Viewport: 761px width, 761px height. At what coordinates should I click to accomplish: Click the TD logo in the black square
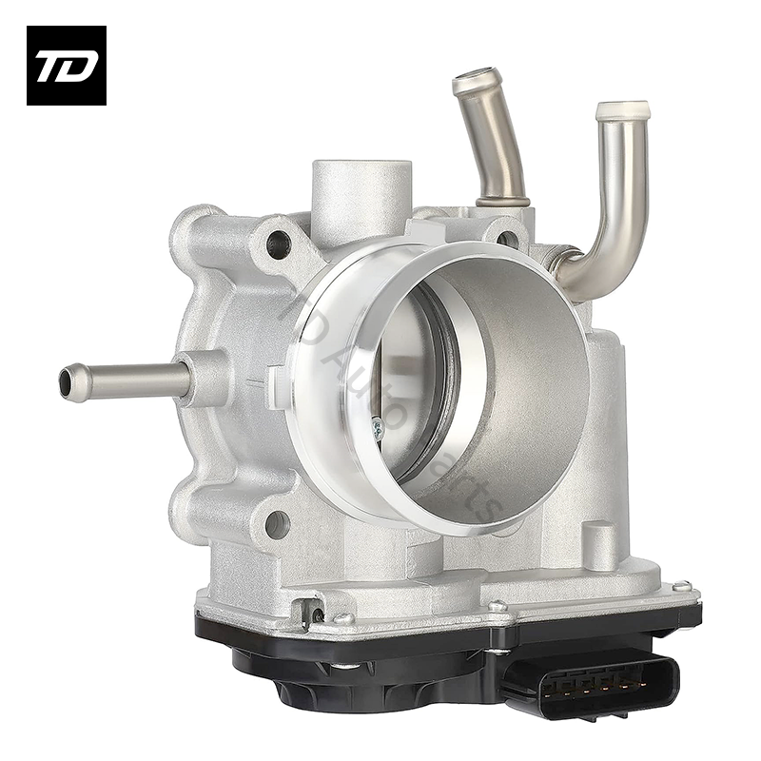(66, 66)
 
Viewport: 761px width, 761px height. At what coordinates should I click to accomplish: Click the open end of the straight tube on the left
(67, 382)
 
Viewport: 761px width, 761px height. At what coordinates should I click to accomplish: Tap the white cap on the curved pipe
(622, 110)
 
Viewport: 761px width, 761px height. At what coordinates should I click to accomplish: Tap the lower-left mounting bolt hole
(277, 522)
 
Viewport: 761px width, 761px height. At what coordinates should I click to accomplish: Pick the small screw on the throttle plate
(378, 430)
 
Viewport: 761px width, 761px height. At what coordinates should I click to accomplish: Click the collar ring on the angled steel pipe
(502, 201)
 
